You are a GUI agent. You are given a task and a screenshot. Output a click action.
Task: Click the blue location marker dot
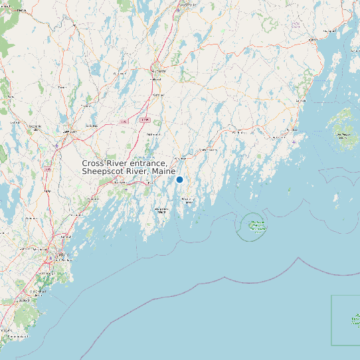click(x=179, y=179)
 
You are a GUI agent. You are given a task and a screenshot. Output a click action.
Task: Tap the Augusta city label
click(x=159, y=70)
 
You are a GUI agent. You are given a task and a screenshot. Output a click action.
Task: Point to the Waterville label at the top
click(x=187, y=5)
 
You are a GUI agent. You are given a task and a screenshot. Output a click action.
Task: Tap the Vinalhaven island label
click(x=343, y=135)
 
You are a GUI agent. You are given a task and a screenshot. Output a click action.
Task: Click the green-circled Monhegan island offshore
click(x=255, y=226)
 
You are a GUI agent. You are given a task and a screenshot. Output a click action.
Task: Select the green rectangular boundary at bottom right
click(x=345, y=320)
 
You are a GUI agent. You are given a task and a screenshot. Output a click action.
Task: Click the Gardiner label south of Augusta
click(x=157, y=95)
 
